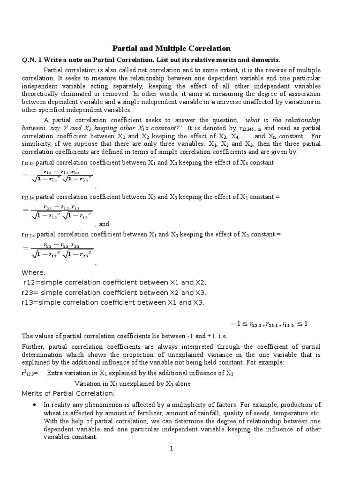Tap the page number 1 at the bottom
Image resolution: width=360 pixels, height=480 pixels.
click(172, 449)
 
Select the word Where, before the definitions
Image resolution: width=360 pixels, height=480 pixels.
click(34, 273)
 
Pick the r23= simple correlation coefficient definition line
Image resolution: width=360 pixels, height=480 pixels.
click(114, 292)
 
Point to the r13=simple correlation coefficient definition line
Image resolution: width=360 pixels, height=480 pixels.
click(113, 302)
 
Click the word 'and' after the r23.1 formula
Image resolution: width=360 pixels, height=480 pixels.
click(104, 225)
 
